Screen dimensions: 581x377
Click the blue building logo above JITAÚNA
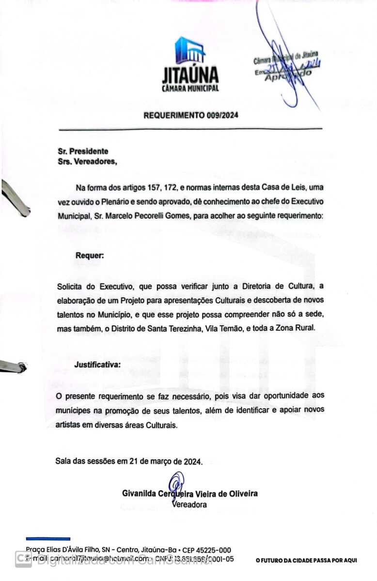[x=190, y=50]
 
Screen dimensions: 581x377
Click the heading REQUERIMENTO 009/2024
[x=191, y=115]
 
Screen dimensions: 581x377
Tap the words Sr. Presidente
[x=82, y=152]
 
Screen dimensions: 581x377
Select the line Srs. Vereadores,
[x=87, y=161]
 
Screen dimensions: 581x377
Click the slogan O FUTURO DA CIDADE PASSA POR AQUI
[x=306, y=561]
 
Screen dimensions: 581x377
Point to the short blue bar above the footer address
[x=48, y=539]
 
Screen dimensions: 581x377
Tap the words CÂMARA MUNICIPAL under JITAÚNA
[x=190, y=89]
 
